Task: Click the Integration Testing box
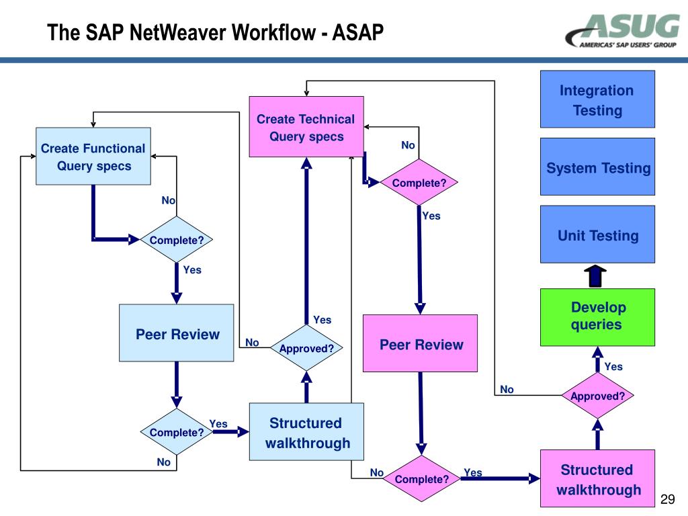pyautogui.click(x=597, y=99)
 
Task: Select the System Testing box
pyautogui.click(x=597, y=167)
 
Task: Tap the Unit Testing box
pyautogui.click(x=597, y=234)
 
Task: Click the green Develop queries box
pyautogui.click(x=597, y=316)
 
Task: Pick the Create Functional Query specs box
pyautogui.click(x=93, y=157)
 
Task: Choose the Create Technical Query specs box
pyautogui.click(x=306, y=127)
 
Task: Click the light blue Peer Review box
pyautogui.click(x=177, y=333)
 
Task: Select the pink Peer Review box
pyautogui.click(x=421, y=343)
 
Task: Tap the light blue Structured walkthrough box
pyautogui.click(x=306, y=432)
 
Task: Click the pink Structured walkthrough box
pyautogui.click(x=597, y=478)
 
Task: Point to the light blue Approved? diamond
pyautogui.click(x=306, y=348)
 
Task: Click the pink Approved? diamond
pyautogui.click(x=597, y=396)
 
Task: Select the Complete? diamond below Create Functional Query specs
pyautogui.click(x=177, y=240)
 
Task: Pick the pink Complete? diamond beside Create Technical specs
pyautogui.click(x=419, y=183)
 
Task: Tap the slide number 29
pyautogui.click(x=667, y=499)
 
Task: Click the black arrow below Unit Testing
pyautogui.click(x=596, y=275)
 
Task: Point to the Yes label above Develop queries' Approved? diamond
pyautogui.click(x=613, y=367)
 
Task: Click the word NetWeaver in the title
pyautogui.click(x=177, y=32)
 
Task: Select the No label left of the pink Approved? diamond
pyautogui.click(x=507, y=390)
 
